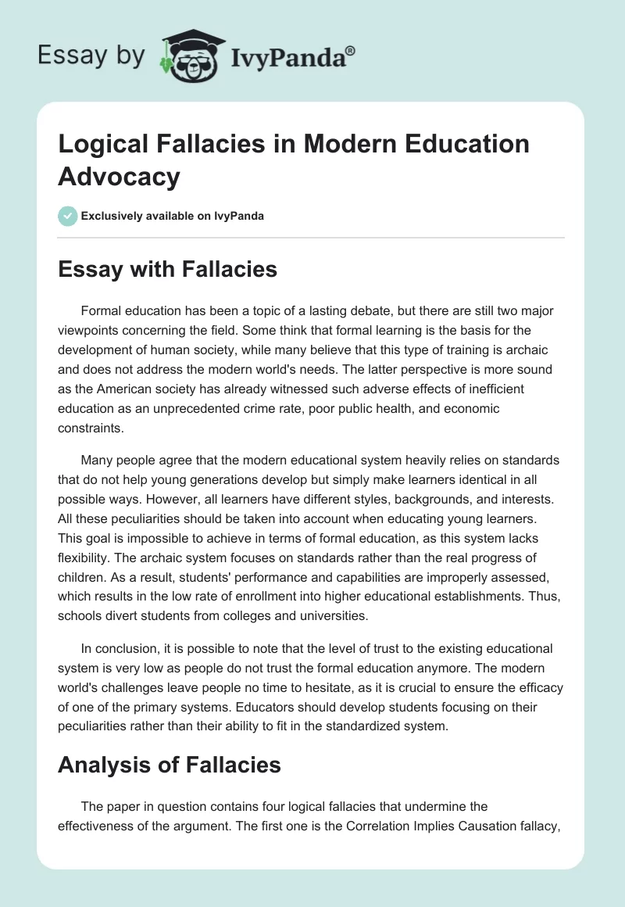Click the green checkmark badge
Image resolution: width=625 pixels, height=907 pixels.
pyautogui.click(x=68, y=216)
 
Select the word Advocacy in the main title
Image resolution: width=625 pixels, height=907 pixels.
pyautogui.click(x=119, y=176)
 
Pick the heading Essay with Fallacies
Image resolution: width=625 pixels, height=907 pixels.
pyautogui.click(x=167, y=270)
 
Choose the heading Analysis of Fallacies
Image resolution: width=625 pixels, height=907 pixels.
pyautogui.click(x=170, y=764)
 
